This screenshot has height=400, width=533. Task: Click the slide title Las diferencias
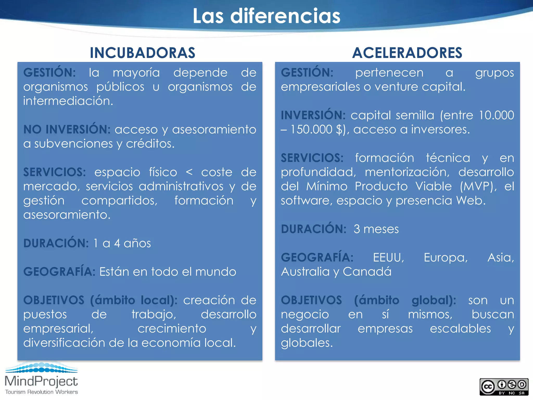click(x=266, y=16)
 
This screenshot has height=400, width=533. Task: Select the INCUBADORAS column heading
click(x=142, y=53)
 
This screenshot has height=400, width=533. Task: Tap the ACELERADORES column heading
click(x=407, y=53)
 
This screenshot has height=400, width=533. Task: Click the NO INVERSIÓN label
click(x=67, y=129)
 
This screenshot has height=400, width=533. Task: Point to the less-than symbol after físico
click(x=189, y=172)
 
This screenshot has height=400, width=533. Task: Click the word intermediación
click(x=68, y=101)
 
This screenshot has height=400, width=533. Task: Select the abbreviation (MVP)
click(x=478, y=186)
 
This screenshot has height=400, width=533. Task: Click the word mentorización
click(x=407, y=172)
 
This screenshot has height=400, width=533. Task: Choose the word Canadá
click(x=367, y=272)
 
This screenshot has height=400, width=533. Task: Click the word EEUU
click(x=388, y=258)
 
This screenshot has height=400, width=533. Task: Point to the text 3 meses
click(x=376, y=229)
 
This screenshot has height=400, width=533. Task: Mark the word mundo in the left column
click(x=215, y=272)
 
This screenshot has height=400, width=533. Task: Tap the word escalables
click(x=460, y=329)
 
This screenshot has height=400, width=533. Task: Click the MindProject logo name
click(x=41, y=381)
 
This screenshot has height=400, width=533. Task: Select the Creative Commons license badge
click(x=504, y=387)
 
